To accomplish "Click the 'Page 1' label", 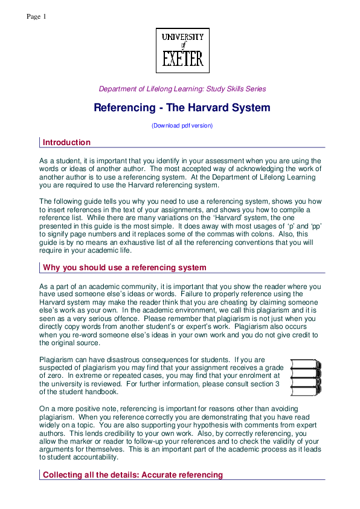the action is [36, 16].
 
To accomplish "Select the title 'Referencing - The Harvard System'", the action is [182, 108].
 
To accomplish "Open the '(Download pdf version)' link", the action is [182, 126].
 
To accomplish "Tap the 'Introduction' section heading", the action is [66, 143].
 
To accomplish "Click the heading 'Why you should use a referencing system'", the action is [124, 268].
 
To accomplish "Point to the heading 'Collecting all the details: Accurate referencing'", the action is [132, 475].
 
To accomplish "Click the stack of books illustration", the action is [306, 374].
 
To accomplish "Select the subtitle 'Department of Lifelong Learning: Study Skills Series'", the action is [182, 89].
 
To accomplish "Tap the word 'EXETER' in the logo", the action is [182, 59].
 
